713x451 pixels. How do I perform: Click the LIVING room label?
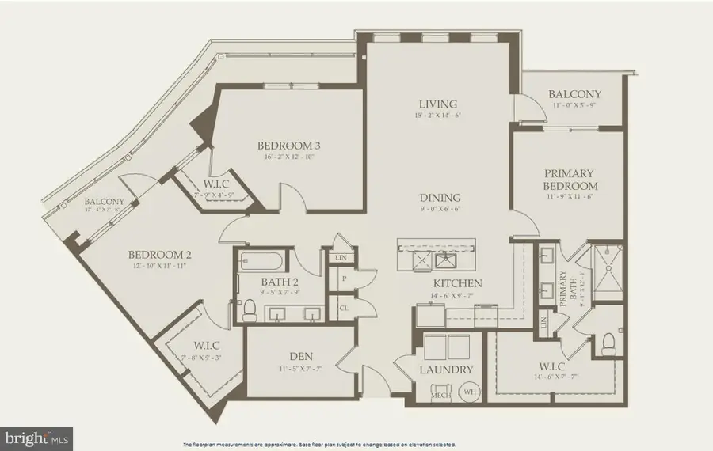(438, 104)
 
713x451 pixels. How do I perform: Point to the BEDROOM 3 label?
(288, 146)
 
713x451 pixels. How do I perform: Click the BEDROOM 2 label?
(160, 255)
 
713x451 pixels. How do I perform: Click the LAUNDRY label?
(447, 370)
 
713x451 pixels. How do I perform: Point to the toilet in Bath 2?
(248, 309)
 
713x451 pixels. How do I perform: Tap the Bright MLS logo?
(36, 436)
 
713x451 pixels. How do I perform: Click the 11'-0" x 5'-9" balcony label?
(574, 94)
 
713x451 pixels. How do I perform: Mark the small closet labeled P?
(344, 279)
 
